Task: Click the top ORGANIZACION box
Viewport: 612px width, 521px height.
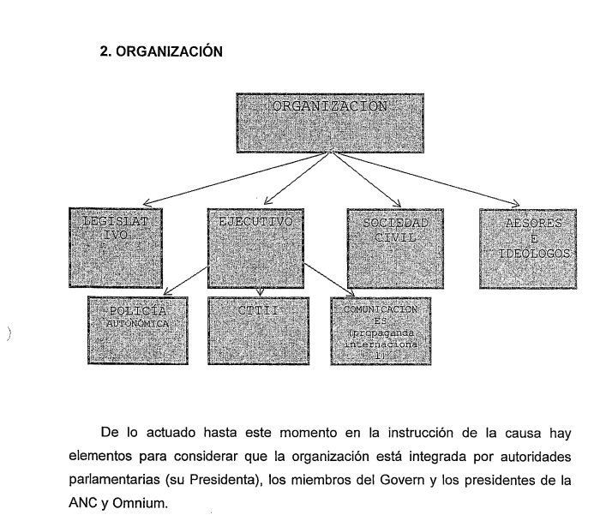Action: pyautogui.click(x=330, y=123)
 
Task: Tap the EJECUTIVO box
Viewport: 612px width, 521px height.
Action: pyautogui.click(x=256, y=247)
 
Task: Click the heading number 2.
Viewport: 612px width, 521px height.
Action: pyautogui.click(x=105, y=52)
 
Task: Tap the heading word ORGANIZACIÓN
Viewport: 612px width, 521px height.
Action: pyautogui.click(x=170, y=52)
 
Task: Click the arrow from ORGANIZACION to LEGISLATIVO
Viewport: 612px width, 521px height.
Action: pyautogui.click(x=231, y=179)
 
